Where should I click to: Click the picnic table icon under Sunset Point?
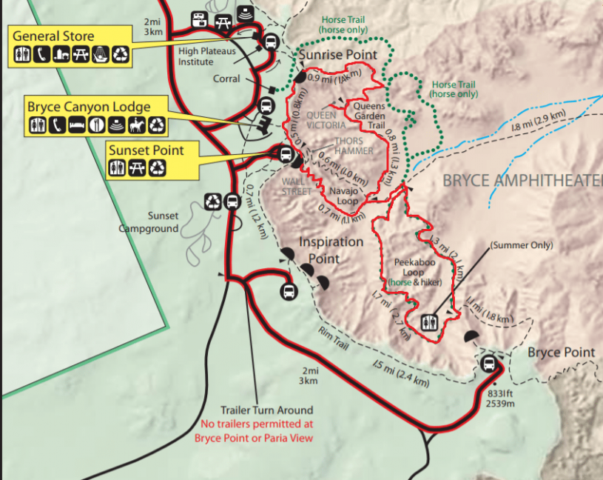pyautogui.click(x=137, y=169)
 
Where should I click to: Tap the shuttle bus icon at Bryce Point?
pyautogui.click(x=488, y=364)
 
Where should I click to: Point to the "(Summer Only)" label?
pyautogui.click(x=521, y=245)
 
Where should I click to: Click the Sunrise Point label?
pyautogui.click(x=337, y=55)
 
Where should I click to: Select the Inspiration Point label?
pyautogui.click(x=331, y=250)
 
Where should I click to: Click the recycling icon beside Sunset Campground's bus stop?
pyautogui.click(x=213, y=201)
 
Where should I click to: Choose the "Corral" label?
pyautogui.click(x=226, y=79)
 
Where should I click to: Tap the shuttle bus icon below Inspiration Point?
pyautogui.click(x=289, y=292)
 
